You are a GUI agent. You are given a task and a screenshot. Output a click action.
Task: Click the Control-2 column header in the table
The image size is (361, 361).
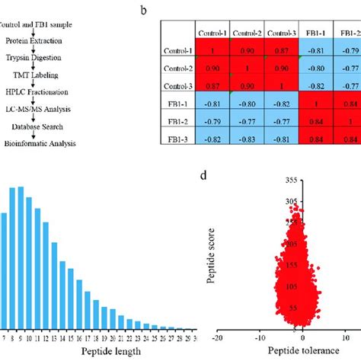pyautogui.click(x=248, y=34)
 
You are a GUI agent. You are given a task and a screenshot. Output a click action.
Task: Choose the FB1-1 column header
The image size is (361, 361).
pyautogui.click(x=318, y=34)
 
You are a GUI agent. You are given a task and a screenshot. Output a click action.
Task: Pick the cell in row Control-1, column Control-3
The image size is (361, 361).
pyautogui.click(x=283, y=51)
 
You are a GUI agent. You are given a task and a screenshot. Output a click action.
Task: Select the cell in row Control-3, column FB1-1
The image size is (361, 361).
pyautogui.click(x=318, y=85)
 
